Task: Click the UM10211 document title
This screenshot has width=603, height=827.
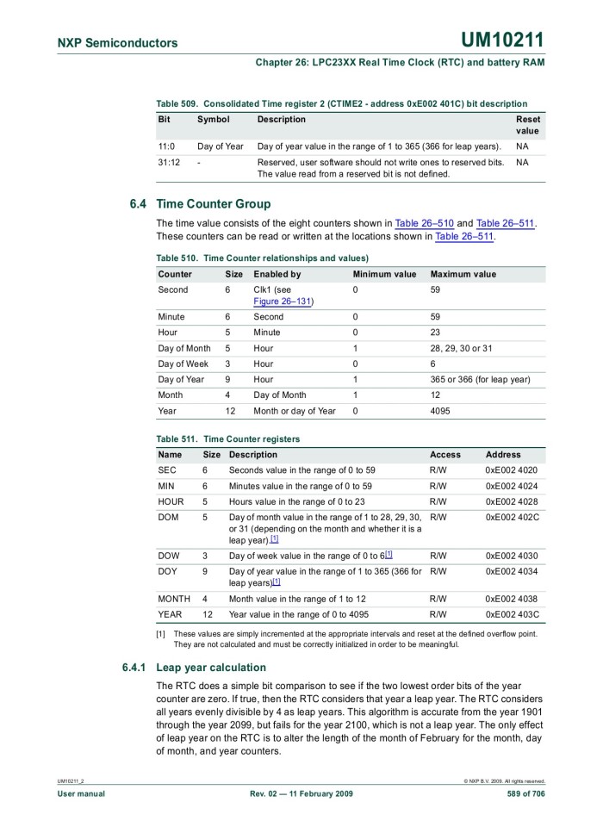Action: tap(502, 40)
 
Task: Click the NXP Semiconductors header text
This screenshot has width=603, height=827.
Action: tap(117, 43)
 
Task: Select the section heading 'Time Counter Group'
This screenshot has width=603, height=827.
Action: tap(213, 204)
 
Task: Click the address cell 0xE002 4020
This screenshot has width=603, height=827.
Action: tap(512, 470)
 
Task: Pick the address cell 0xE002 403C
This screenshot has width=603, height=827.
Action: tap(512, 614)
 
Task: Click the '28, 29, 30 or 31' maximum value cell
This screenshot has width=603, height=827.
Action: tap(461, 348)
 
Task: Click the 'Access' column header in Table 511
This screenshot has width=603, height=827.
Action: tap(444, 454)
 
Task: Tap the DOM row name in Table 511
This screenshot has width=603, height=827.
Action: tap(168, 516)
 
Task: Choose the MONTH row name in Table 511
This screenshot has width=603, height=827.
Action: tap(174, 598)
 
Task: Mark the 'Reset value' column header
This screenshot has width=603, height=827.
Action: tap(527, 125)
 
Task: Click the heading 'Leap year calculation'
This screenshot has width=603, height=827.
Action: tap(211, 668)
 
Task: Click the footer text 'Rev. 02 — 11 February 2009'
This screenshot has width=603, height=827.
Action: tap(301, 793)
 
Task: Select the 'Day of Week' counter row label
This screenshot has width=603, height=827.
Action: tap(183, 364)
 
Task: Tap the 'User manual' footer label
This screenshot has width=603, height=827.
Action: tap(81, 793)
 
